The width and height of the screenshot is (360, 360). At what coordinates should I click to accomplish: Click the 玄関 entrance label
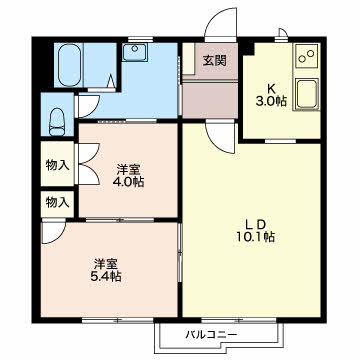(215, 60)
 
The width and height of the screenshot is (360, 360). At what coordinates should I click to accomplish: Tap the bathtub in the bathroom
(69, 65)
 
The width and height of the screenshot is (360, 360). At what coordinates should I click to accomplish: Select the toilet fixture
(57, 122)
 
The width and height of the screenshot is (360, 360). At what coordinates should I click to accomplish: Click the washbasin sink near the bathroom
(135, 52)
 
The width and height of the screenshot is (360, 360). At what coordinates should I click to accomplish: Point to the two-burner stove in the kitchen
(306, 56)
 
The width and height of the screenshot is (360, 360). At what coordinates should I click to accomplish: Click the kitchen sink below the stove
(306, 94)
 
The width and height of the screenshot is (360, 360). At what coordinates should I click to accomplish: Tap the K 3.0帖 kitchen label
(271, 95)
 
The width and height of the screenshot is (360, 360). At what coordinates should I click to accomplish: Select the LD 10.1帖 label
(255, 230)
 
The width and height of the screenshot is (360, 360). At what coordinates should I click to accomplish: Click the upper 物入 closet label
(58, 165)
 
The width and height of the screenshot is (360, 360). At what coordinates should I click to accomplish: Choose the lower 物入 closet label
(58, 201)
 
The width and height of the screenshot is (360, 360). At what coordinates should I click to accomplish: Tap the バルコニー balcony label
(211, 334)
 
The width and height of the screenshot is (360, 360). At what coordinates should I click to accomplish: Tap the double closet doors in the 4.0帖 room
(88, 163)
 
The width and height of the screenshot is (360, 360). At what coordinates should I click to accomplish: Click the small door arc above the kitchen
(283, 33)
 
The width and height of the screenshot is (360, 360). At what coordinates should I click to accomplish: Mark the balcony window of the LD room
(239, 320)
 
